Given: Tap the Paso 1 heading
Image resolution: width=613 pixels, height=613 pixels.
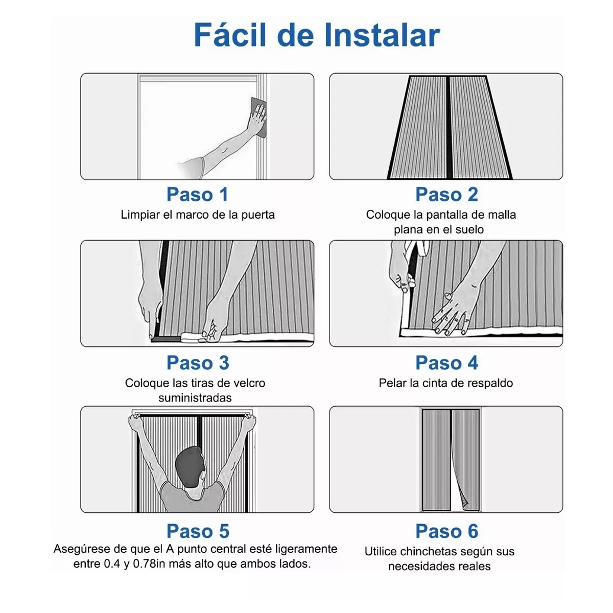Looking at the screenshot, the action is pos(198,194).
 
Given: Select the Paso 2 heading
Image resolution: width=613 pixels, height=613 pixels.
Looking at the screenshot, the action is pos(446,194).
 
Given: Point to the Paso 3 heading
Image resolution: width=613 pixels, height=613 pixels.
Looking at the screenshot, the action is pos(198,362).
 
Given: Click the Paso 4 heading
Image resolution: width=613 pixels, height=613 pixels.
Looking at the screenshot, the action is pos(446,362).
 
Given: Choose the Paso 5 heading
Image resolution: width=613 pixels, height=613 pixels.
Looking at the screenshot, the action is pos(198,531).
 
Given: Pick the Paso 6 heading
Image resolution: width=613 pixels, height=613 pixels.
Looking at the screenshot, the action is pos(446,531).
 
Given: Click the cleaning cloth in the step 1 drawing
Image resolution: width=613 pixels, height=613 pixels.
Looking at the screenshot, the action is pos(258,117).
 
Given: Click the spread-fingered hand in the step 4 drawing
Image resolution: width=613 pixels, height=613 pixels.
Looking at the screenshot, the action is pos(451,313).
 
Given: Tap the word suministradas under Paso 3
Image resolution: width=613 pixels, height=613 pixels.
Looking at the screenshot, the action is pos(195,397).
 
